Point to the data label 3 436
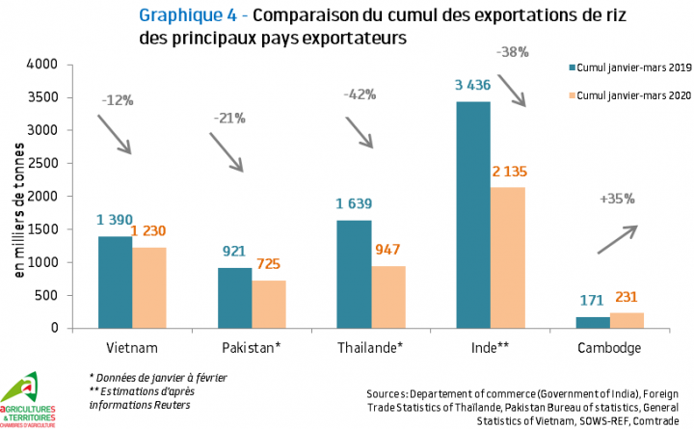(x=473, y=86)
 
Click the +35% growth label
(x=619, y=199)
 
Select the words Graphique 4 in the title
(x=182, y=16)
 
